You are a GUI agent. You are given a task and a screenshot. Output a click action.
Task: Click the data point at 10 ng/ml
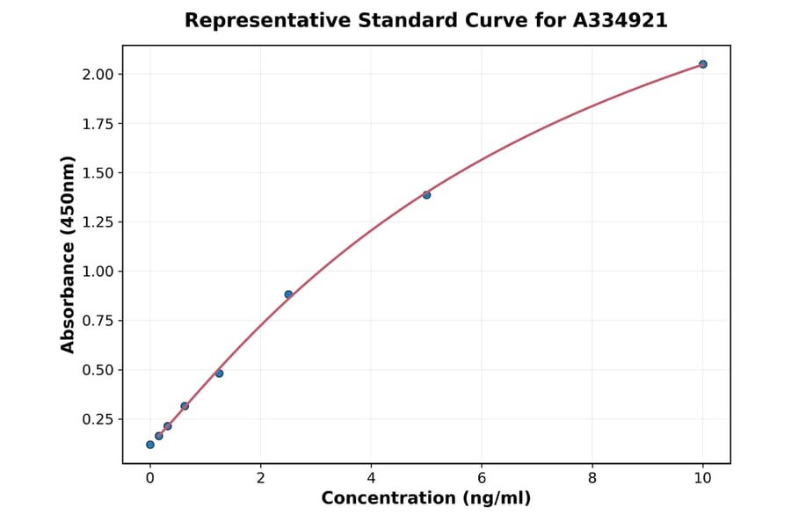pos(703,64)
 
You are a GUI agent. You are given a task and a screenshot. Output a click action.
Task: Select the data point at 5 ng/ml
pos(426,194)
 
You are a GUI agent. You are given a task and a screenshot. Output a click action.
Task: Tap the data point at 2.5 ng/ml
pos(288,294)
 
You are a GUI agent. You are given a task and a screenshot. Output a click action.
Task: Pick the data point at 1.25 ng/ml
pos(219,373)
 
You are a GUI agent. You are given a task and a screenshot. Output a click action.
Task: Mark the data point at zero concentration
pos(150,445)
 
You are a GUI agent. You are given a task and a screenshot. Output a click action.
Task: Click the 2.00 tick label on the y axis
pos(97,74)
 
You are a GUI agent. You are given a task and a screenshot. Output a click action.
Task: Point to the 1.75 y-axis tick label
pos(97,124)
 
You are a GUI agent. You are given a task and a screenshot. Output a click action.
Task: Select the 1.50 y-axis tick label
pos(97,173)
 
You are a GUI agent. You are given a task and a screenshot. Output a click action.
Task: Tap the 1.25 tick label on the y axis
pos(97,222)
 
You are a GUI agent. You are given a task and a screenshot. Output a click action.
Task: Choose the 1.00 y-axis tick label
pos(97,272)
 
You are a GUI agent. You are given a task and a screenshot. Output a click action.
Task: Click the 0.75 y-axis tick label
pos(97,321)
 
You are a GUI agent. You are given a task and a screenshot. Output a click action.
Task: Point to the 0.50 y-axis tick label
pos(97,370)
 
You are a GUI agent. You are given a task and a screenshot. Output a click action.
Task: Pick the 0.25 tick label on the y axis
pos(97,419)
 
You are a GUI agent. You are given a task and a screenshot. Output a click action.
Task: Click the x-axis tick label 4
pos(371,478)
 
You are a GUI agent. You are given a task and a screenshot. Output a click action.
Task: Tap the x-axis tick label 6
pos(482,478)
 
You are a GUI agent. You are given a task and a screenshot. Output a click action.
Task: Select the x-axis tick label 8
pos(592,478)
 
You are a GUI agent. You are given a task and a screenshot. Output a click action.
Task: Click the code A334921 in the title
pos(620,20)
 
